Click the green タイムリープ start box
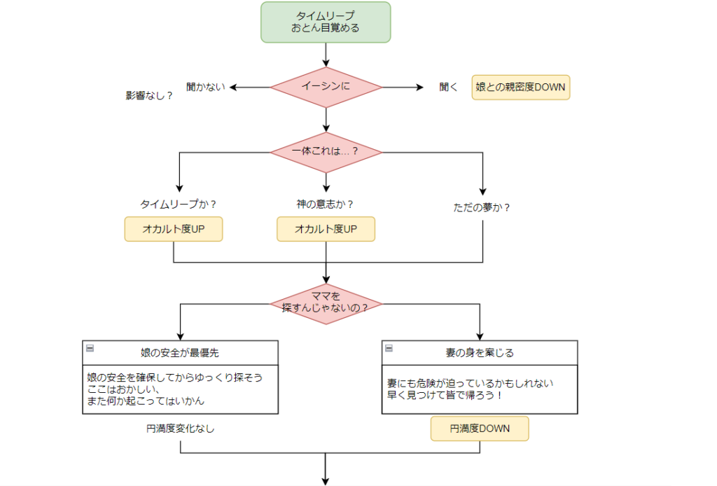326,22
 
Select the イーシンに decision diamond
326,88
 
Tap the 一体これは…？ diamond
326,152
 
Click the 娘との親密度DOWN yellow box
520,88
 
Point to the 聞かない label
206,88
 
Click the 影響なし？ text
149,96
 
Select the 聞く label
448,88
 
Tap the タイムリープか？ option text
179,204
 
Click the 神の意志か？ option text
325,204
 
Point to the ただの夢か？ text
482,207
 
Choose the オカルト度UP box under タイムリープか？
174,229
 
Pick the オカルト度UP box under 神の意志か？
326,229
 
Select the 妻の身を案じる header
480,353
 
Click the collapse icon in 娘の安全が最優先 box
90,347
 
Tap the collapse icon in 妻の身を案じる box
389,348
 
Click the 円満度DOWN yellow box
480,428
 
